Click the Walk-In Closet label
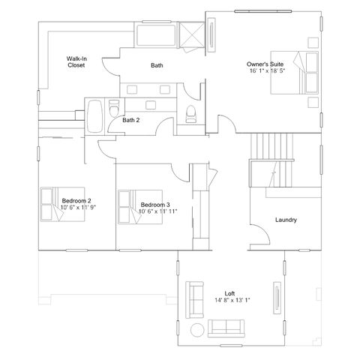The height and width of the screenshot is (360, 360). pos(76,62)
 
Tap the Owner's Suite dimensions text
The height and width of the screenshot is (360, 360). pos(267,70)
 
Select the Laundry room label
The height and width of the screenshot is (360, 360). pos(286,220)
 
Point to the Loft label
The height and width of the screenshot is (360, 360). pos(229,293)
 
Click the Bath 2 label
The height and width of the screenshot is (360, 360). pos(130,120)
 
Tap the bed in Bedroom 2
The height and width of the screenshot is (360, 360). pos(62,204)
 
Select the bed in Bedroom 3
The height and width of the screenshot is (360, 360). pos(140,207)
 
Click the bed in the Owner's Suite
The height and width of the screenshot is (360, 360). pos(294,73)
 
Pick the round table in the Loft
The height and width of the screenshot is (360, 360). pos(197,330)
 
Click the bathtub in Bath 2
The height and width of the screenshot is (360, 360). pos(95,116)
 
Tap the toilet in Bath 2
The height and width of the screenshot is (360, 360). pos(114,108)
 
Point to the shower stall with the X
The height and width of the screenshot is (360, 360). pos(192,34)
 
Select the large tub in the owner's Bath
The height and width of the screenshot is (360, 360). pos(156,35)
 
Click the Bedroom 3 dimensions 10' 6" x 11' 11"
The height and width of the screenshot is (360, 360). pos(157,211)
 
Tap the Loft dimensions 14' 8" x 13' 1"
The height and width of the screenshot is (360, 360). pos(232,300)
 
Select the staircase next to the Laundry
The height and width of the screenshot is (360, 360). pos(271,160)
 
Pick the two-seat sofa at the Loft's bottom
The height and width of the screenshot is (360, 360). pos(226,328)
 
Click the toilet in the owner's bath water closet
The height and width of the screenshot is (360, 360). pos(190,114)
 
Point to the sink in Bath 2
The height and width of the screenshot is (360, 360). pos(151,105)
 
